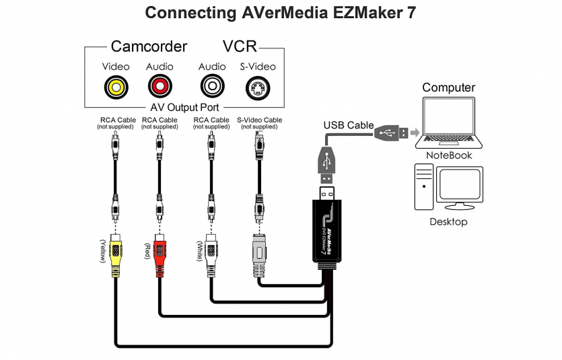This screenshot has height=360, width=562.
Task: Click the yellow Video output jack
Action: [x=116, y=87]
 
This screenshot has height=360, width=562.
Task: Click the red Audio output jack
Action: [x=160, y=87]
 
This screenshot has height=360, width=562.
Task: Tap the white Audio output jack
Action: [x=211, y=87]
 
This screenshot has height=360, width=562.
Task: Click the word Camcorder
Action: [x=149, y=46]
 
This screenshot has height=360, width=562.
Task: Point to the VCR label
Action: [x=240, y=46]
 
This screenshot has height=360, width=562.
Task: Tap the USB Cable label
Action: [x=348, y=125]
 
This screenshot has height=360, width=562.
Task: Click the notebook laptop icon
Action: [x=448, y=123]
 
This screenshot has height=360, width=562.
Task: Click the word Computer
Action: [x=448, y=87]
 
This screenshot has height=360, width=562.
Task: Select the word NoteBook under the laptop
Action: [x=449, y=155]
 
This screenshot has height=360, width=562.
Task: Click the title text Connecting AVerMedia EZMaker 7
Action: [x=281, y=13]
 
